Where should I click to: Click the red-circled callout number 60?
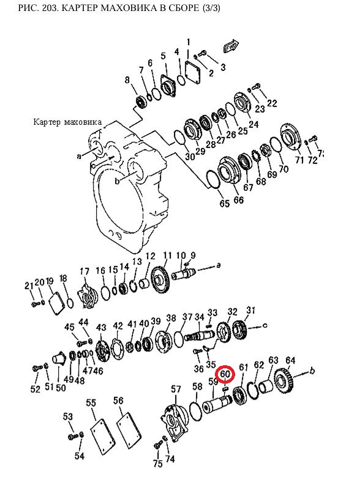tap(225, 374)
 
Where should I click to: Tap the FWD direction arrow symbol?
tap(230, 46)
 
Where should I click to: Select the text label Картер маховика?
tap(67, 122)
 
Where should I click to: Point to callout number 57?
tap(176, 389)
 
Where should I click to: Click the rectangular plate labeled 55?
tap(102, 434)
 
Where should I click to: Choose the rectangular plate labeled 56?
tap(129, 430)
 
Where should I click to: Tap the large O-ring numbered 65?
tap(212, 180)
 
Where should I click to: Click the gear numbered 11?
tap(161, 280)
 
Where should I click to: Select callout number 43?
tap(101, 327)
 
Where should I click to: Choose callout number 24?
tap(253, 124)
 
